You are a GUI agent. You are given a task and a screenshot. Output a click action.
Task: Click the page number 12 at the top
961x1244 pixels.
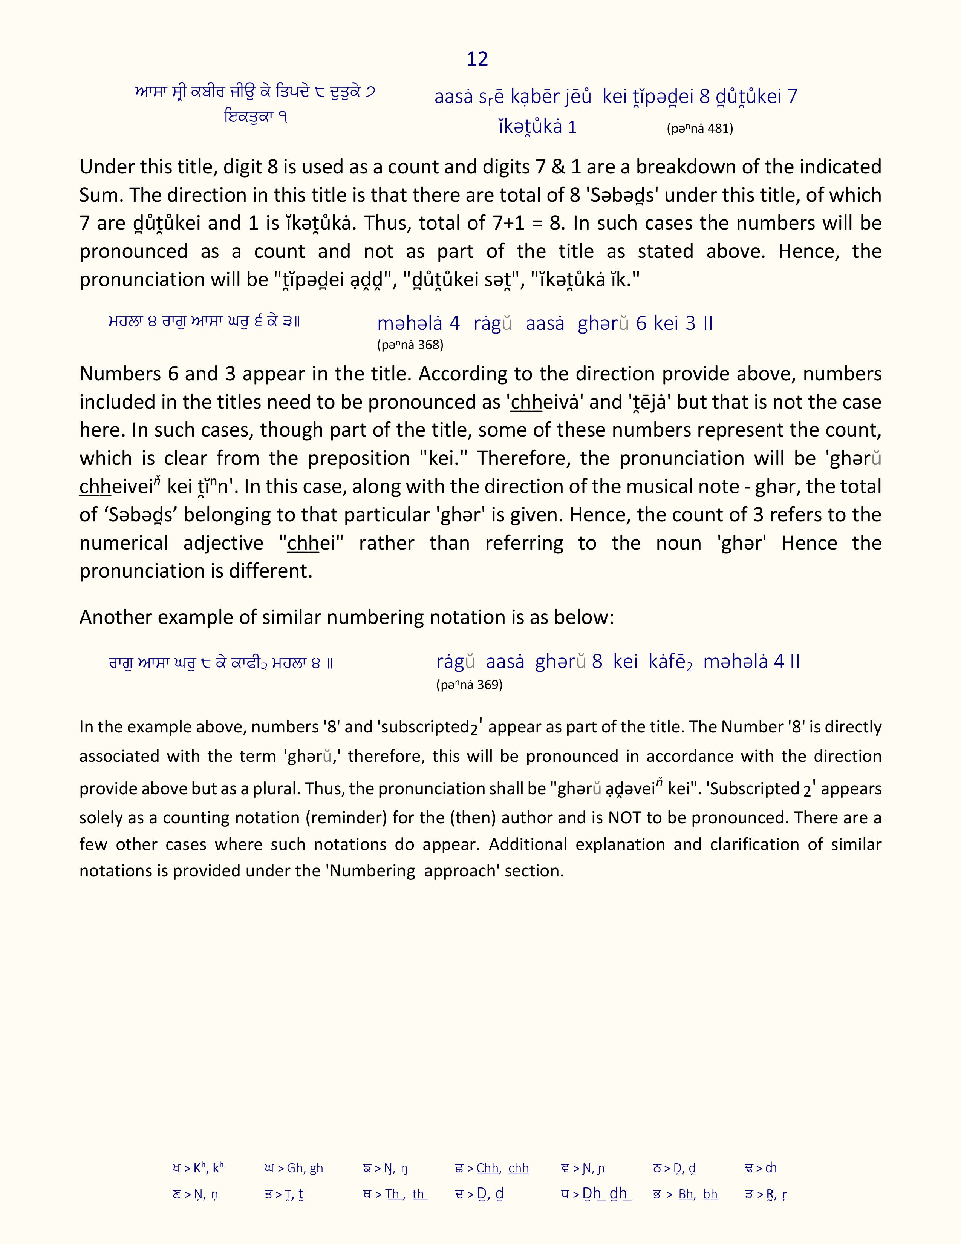477,59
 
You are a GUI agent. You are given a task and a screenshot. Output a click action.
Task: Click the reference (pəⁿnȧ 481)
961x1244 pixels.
700,129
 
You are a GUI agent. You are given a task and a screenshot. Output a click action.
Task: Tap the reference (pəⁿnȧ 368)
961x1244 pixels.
410,345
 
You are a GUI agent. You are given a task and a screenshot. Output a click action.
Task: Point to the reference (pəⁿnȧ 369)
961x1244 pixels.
469,685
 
